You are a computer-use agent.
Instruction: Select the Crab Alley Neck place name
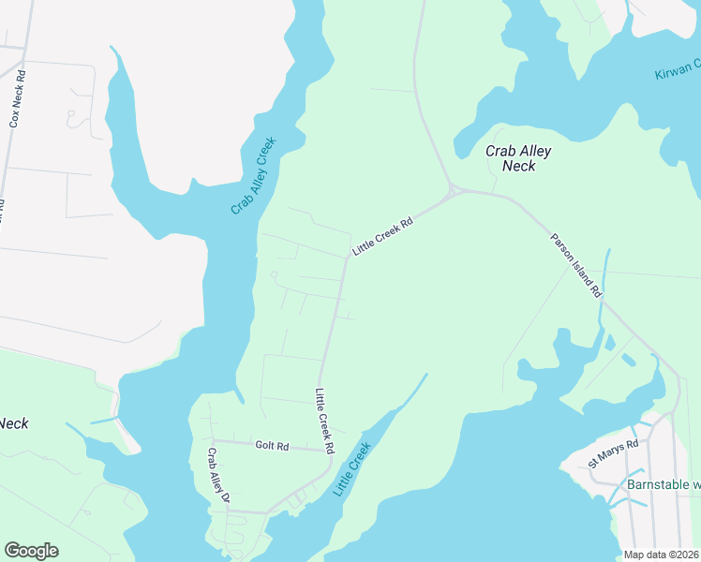point(517,158)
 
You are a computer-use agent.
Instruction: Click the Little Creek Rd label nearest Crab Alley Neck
point(382,238)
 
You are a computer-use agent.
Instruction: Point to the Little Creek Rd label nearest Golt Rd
point(324,421)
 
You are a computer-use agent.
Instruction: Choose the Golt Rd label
point(272,446)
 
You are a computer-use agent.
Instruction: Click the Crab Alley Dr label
point(217,475)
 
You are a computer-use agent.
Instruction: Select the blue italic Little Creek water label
point(352,469)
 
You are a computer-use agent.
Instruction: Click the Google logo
point(31,551)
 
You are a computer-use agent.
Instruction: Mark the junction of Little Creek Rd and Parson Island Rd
point(454,191)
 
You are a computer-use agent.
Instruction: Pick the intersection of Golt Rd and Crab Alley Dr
point(212,440)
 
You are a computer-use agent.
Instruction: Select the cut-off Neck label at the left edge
point(14,423)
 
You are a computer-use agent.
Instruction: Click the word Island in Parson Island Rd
point(577,267)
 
